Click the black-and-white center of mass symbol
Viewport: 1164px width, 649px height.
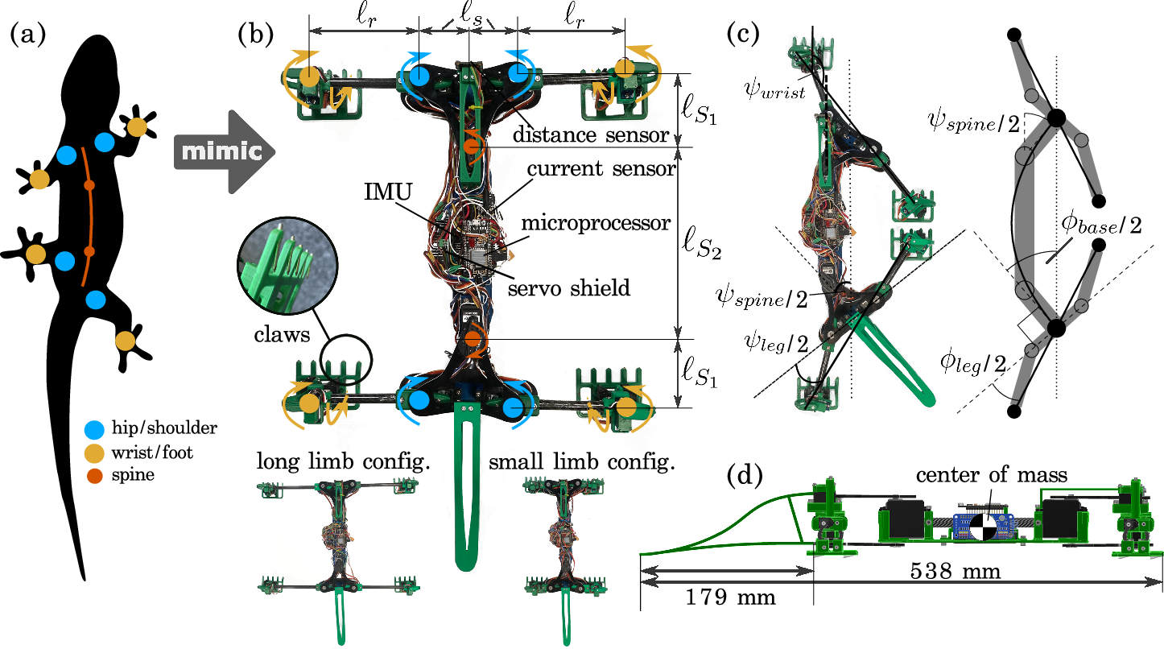(982, 527)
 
